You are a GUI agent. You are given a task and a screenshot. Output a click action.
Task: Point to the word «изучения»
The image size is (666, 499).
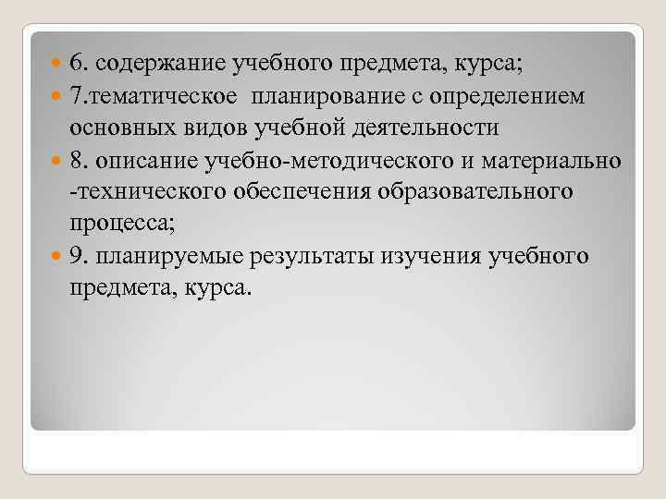(419, 255)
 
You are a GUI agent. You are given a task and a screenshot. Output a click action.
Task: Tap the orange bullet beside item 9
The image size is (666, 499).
(57, 255)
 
